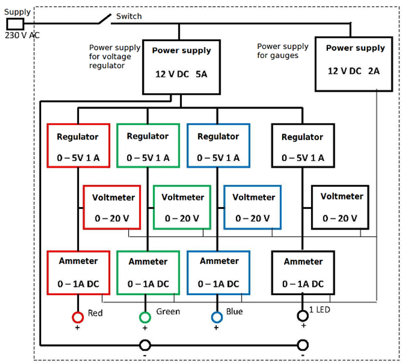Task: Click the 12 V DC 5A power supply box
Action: pos(181,67)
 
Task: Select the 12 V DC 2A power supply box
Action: pos(354,64)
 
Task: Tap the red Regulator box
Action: pos(77,146)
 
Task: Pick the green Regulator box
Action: pos(147,146)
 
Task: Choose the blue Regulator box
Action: pos(218,146)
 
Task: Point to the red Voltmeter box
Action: pos(113,207)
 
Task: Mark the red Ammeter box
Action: pos(77,271)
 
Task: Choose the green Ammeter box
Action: pos(147,272)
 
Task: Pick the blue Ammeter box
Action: pos(218,272)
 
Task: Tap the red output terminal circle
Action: pos(77,317)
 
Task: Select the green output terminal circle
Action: pos(145,317)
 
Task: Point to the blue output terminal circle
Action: pos(216,317)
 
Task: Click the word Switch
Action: pos(129,16)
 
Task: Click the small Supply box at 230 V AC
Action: pos(15,24)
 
